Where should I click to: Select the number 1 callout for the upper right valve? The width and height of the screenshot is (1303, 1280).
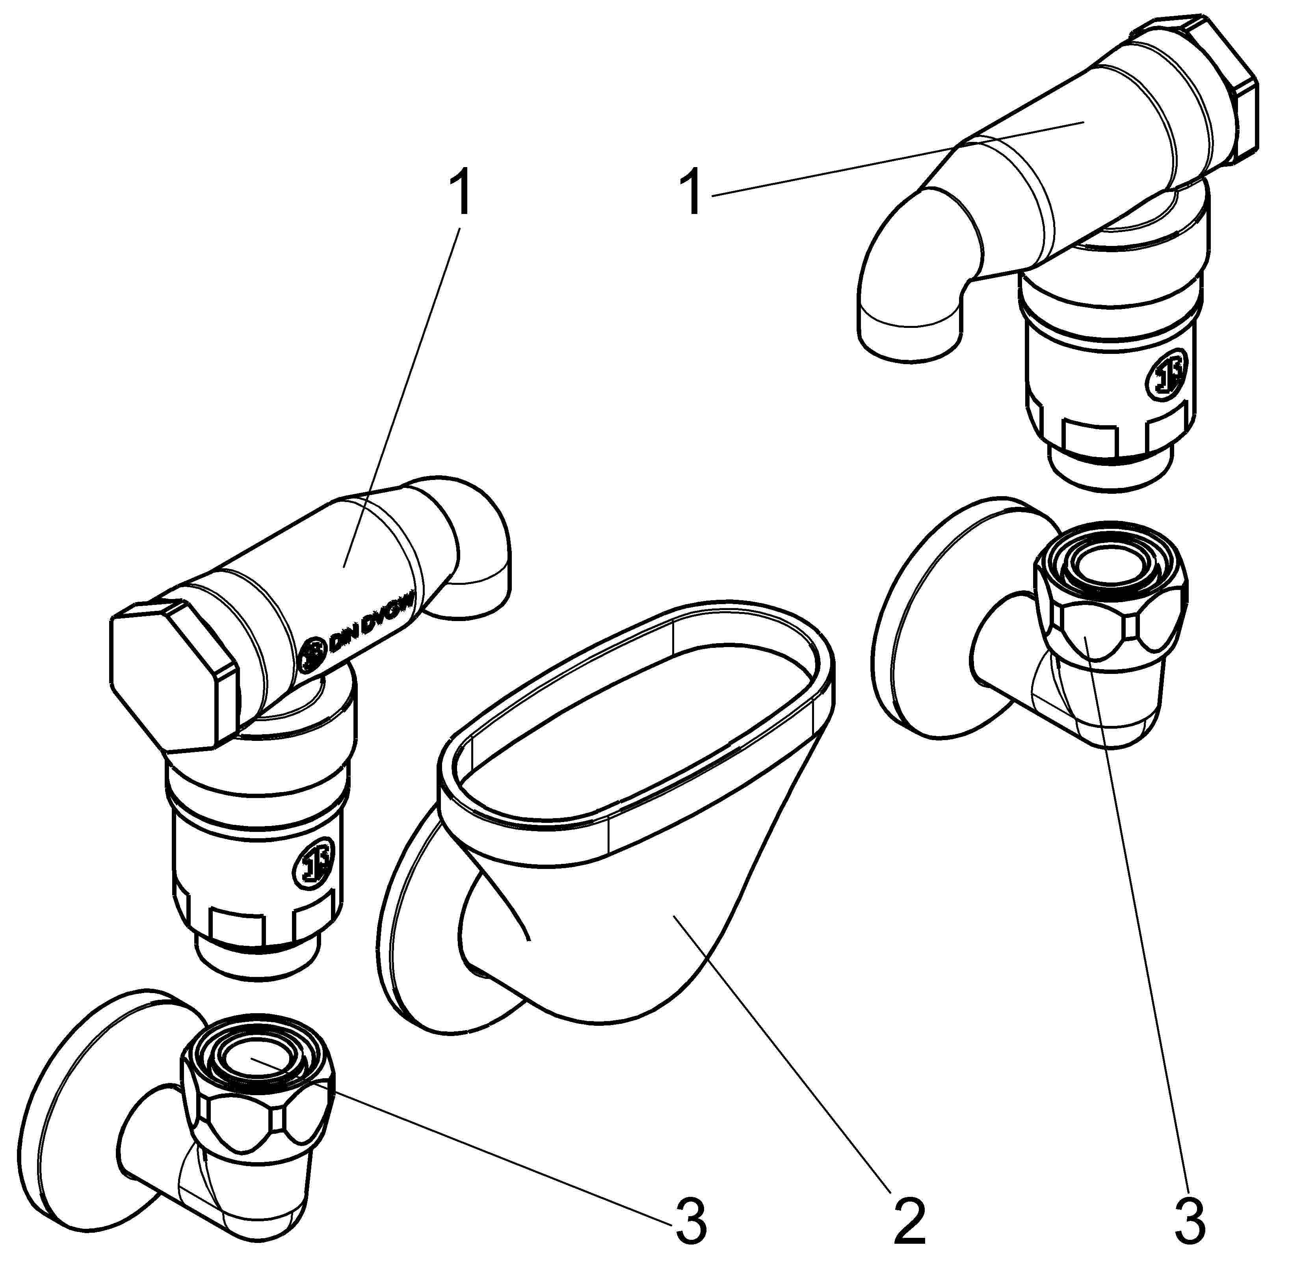(x=692, y=195)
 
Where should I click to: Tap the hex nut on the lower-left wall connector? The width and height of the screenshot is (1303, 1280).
(x=259, y=1103)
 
